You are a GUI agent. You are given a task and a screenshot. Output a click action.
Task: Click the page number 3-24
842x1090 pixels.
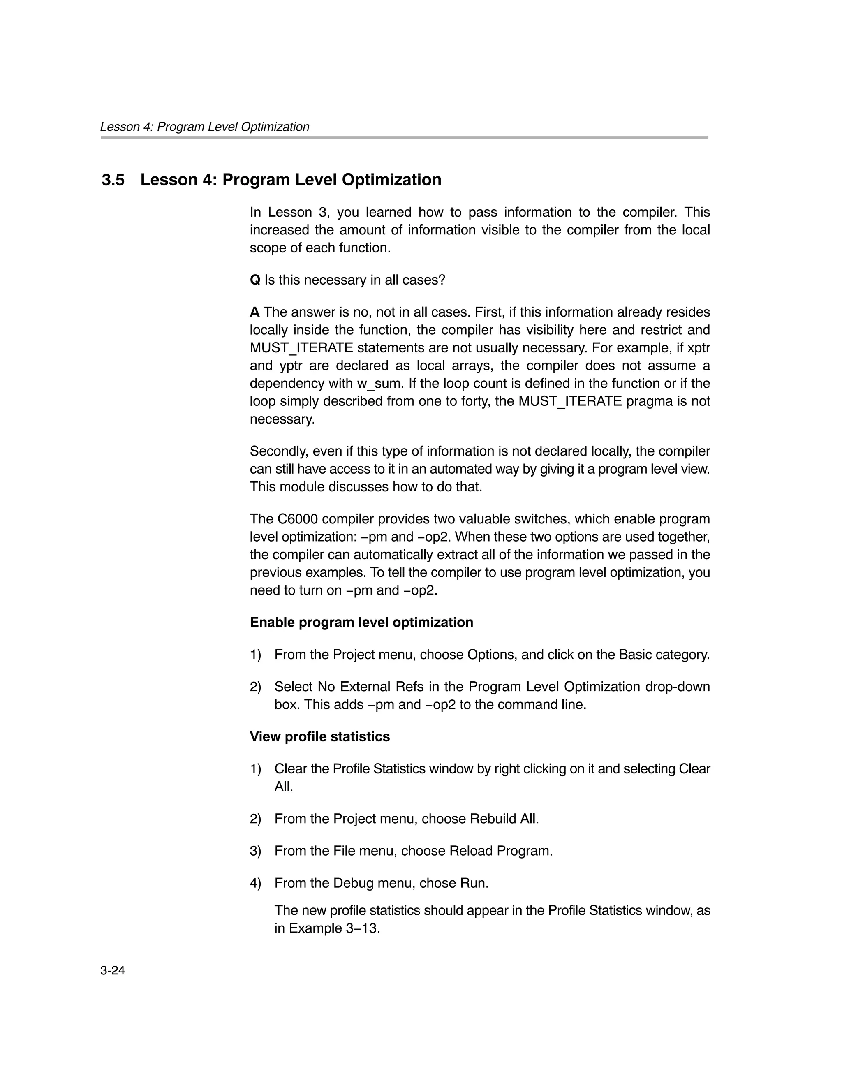coord(112,970)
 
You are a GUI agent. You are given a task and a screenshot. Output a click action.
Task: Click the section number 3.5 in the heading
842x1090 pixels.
coord(113,180)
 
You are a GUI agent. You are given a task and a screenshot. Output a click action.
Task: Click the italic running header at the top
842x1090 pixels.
coord(205,127)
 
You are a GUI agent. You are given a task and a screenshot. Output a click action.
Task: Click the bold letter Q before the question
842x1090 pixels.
coord(254,280)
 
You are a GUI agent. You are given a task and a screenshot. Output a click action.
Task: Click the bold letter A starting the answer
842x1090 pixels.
coord(254,312)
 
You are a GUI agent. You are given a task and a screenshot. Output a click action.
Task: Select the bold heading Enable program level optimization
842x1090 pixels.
coord(361,623)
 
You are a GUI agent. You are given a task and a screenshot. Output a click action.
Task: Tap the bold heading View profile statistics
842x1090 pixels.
coord(319,737)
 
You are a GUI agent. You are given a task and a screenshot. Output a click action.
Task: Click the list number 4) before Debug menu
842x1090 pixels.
coord(255,883)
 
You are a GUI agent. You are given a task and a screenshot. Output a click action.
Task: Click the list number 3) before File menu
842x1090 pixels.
coord(255,851)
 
